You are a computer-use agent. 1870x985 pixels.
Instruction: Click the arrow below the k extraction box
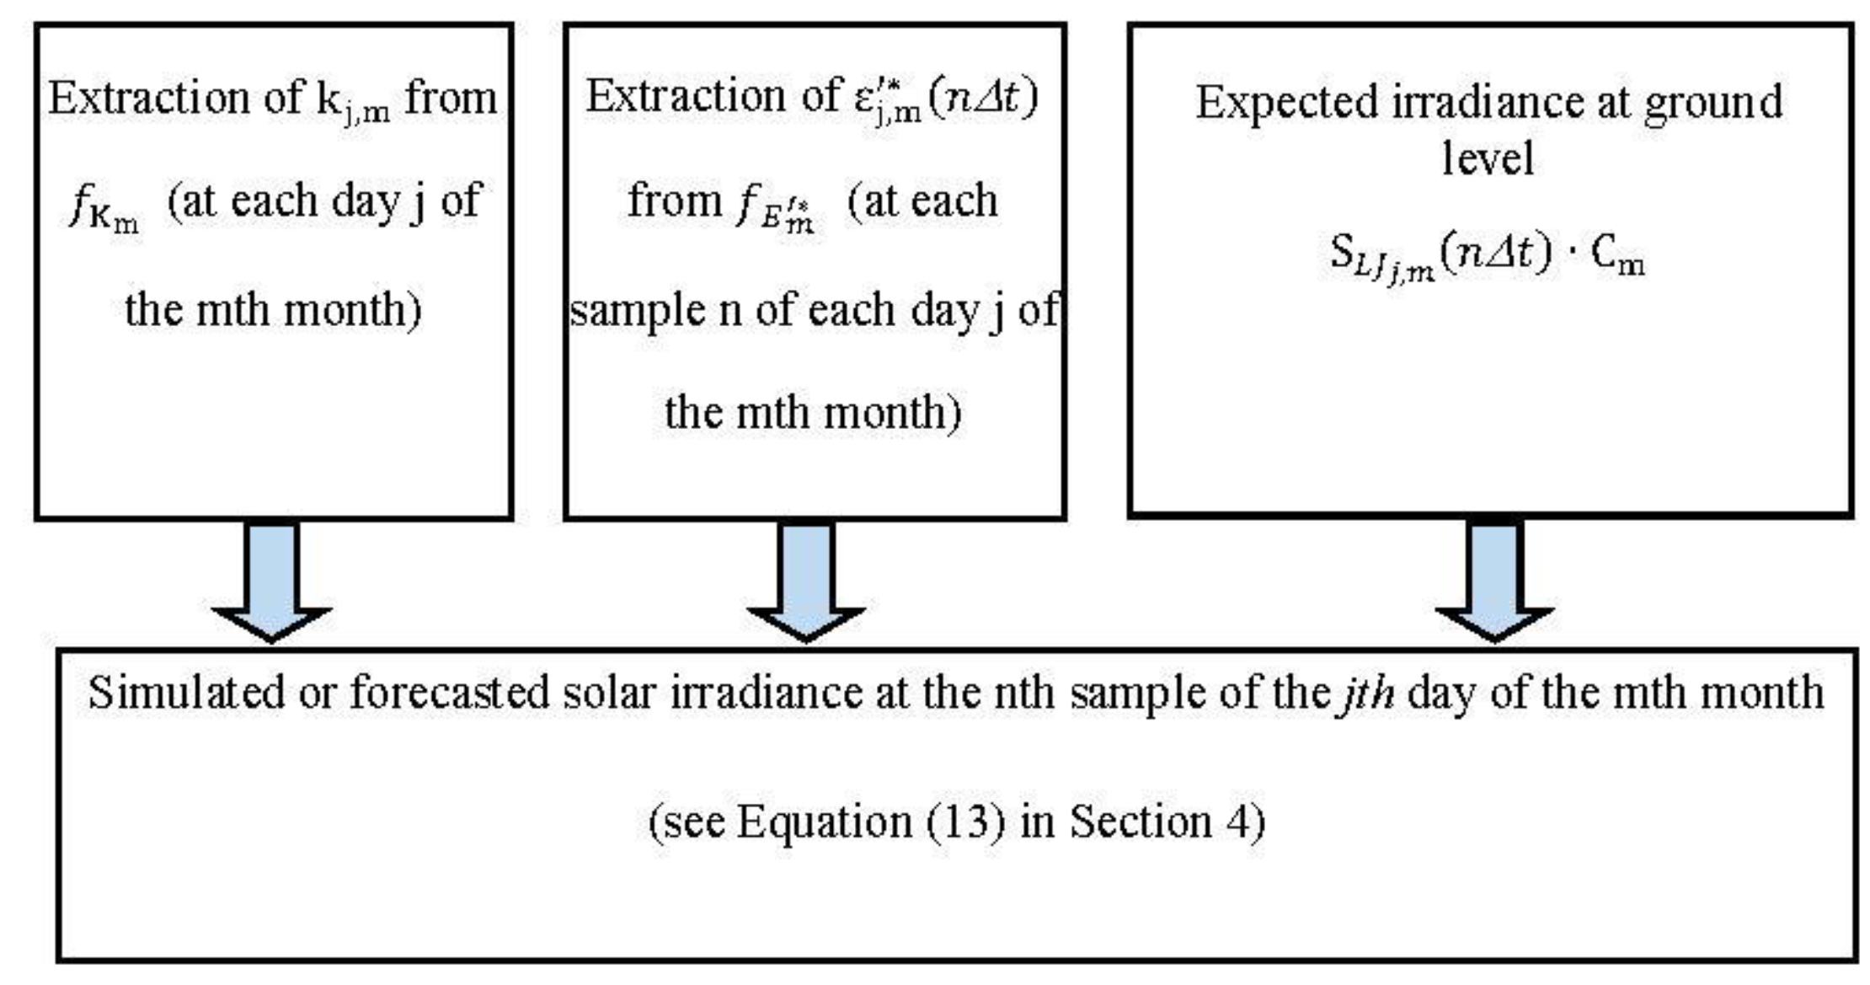click(271, 581)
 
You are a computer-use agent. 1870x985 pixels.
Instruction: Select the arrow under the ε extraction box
click(806, 581)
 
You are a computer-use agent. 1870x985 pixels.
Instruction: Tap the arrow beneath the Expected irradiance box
click(1494, 581)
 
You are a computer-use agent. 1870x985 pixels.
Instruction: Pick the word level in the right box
click(1488, 158)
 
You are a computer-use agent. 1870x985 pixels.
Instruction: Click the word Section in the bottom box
click(1141, 821)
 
